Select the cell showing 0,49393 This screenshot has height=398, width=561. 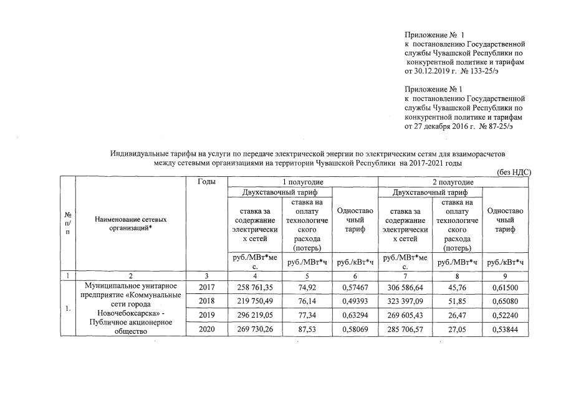coord(354,301)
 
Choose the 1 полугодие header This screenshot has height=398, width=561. coord(303,182)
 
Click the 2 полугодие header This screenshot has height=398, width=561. coord(453,182)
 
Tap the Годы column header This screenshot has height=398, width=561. coord(208,182)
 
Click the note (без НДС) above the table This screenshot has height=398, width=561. coord(513,172)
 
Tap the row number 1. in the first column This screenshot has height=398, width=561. coord(67,308)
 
